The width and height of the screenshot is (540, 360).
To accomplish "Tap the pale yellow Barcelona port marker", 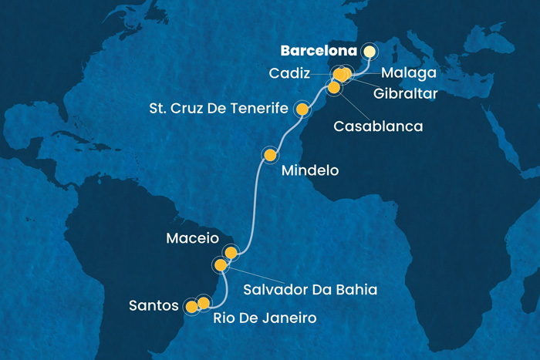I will (x=368, y=52).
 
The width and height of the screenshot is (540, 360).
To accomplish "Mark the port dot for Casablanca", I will (x=334, y=88).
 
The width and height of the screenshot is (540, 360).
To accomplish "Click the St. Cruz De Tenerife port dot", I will (x=302, y=110).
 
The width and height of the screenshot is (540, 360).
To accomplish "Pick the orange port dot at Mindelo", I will (x=270, y=156).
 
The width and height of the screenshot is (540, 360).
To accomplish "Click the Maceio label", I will (x=193, y=239).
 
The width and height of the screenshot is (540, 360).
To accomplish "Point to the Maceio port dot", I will (x=230, y=252).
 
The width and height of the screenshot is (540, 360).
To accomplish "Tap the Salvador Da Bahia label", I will (x=309, y=290).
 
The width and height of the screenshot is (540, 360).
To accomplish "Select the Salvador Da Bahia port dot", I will (x=221, y=265).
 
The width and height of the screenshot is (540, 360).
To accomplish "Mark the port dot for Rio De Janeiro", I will (x=204, y=302).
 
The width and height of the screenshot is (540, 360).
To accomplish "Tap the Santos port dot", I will (x=191, y=307).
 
